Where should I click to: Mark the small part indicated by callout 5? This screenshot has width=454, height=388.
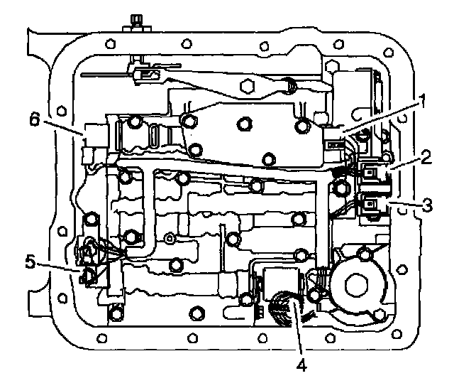coord(89,275)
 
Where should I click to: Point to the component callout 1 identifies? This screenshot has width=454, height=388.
coord(334,135)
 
